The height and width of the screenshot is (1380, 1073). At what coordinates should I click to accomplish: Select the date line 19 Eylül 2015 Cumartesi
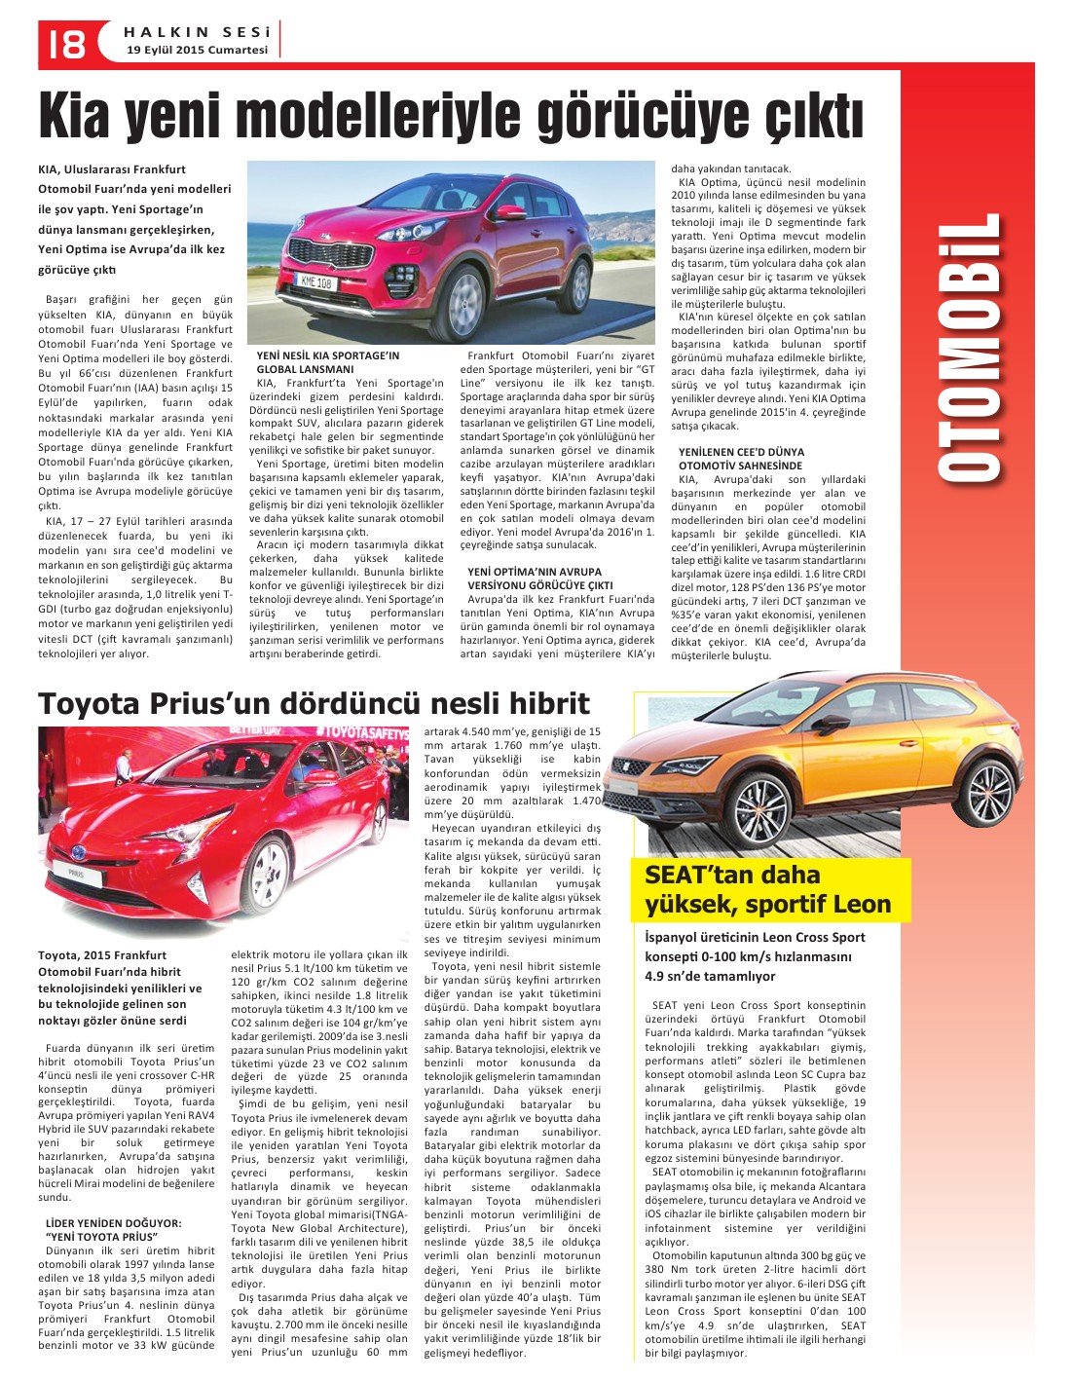(x=197, y=50)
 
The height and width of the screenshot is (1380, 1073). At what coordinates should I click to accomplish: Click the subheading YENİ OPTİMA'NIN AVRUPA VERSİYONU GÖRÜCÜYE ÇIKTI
(x=539, y=578)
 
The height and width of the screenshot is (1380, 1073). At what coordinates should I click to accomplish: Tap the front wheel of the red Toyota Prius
(x=272, y=868)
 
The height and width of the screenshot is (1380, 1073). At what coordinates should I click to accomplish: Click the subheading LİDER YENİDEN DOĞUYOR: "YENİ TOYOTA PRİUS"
(x=114, y=1228)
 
